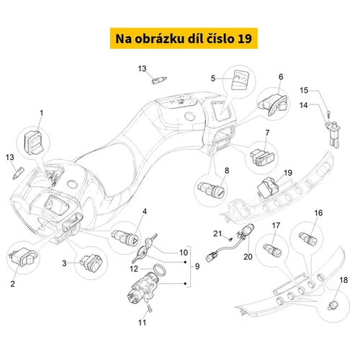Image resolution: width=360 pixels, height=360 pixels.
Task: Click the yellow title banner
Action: (x=184, y=38)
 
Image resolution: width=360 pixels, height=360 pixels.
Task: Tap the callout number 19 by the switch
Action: (x=288, y=173)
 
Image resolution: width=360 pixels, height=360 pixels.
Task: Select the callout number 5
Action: (x=213, y=78)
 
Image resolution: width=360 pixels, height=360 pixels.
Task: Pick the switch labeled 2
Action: (x=22, y=257)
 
